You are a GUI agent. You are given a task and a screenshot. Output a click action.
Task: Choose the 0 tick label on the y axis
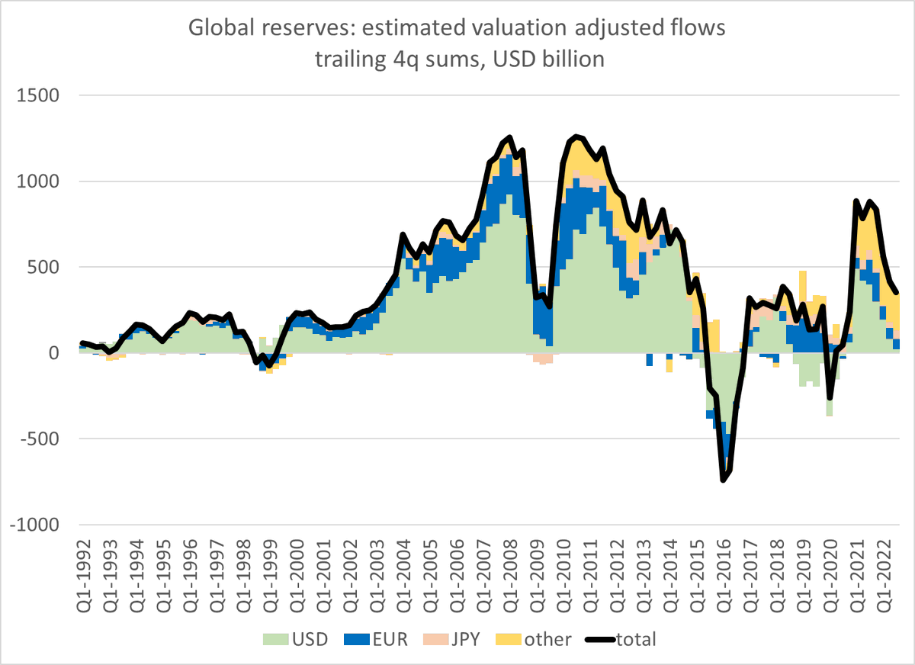(x=59, y=353)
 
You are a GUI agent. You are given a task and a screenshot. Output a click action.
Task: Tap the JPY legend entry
(x=454, y=639)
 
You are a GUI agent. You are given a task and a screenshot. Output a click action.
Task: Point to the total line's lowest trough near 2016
(x=723, y=480)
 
